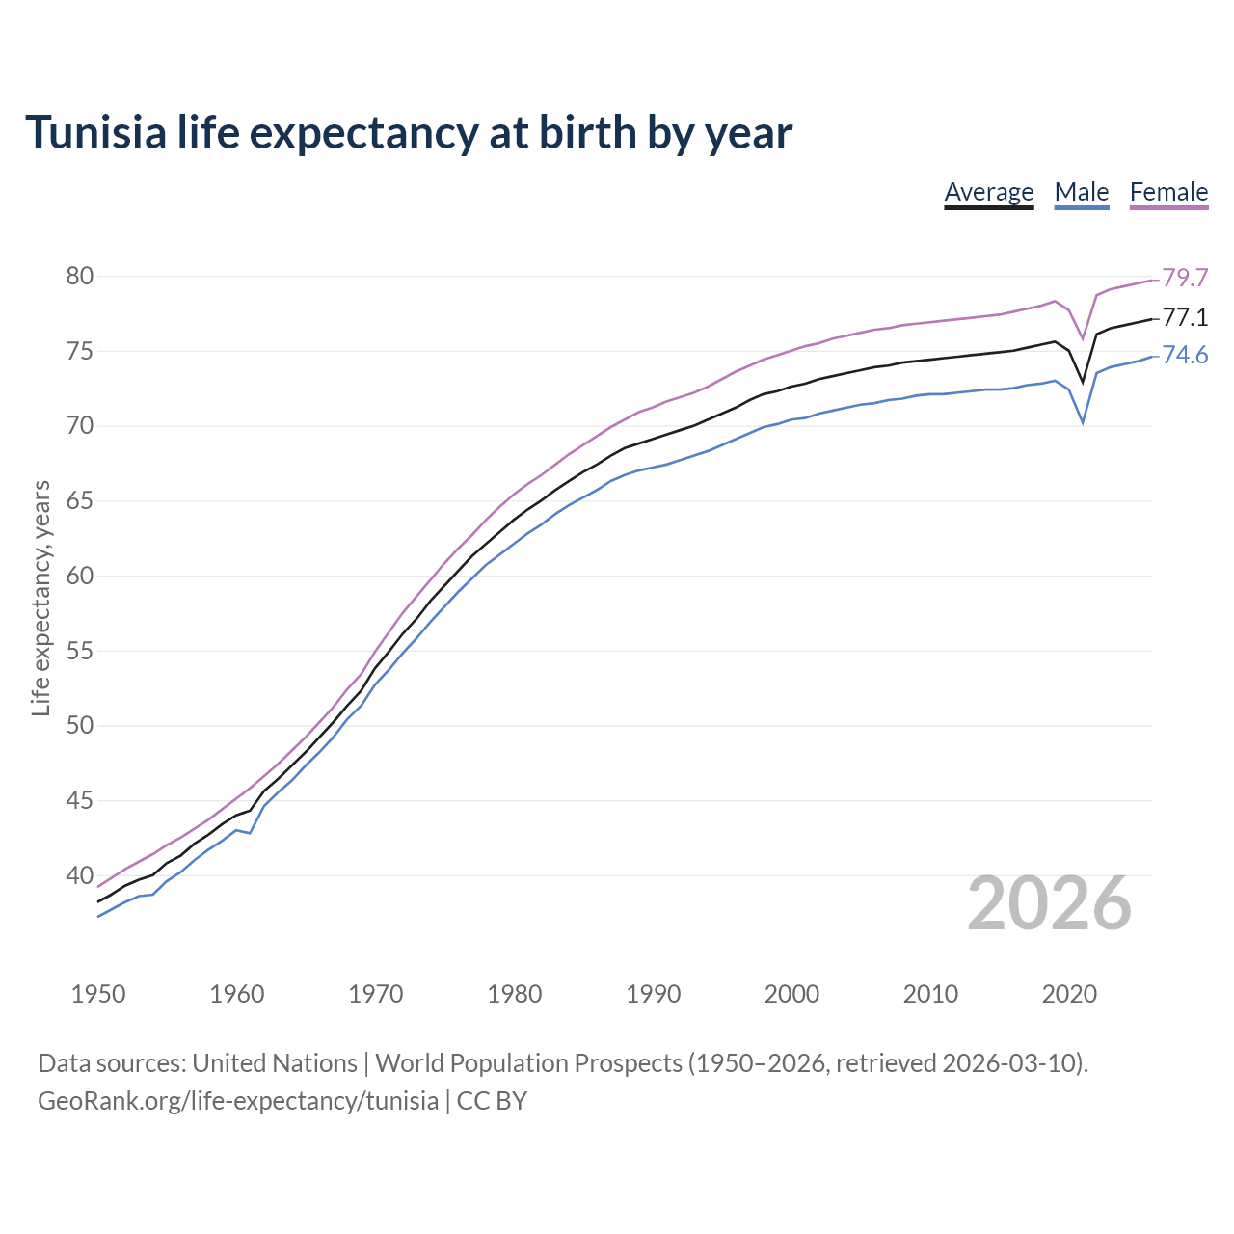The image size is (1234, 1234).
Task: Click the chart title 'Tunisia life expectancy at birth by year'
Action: tap(409, 133)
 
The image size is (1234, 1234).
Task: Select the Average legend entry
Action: tap(988, 192)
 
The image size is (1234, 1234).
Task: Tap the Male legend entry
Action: tap(1082, 192)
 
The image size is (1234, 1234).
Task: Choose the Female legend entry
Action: tap(1168, 192)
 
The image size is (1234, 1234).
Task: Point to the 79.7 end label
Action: tap(1185, 279)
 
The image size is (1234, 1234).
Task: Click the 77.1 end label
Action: tap(1185, 318)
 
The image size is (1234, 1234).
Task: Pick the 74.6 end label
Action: tap(1185, 356)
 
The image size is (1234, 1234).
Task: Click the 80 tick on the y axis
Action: tap(80, 277)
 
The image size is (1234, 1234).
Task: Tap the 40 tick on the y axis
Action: tap(80, 876)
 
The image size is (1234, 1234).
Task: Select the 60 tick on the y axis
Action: tap(80, 577)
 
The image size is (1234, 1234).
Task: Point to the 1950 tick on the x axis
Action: tap(98, 994)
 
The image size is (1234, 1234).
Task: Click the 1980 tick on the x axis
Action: tap(515, 994)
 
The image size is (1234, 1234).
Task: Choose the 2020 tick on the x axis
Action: tap(1069, 994)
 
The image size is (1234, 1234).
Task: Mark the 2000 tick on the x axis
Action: tap(791, 994)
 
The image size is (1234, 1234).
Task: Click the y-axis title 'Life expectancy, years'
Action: tap(41, 599)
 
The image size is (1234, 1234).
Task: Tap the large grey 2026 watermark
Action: tap(1049, 903)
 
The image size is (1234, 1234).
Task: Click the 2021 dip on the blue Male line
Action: tap(1083, 422)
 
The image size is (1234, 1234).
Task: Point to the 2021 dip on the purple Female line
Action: tap(1083, 338)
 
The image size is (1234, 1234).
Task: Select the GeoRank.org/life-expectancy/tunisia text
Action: tap(238, 1101)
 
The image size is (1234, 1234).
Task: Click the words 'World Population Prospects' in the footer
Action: tap(528, 1063)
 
